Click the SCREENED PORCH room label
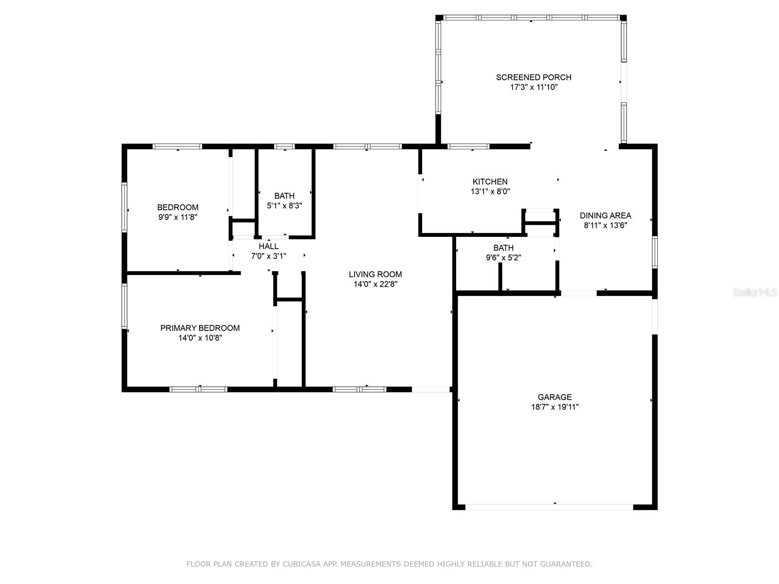[x=534, y=77]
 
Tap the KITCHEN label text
[x=490, y=182]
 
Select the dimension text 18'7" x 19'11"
[x=555, y=407]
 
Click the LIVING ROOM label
[x=375, y=274]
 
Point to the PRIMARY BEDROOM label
[x=200, y=328]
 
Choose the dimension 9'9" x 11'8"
[x=177, y=217]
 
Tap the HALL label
[x=268, y=246]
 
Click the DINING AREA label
[x=605, y=215]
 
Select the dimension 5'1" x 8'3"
[x=284, y=206]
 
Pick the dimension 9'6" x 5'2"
[x=503, y=257]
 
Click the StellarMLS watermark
[x=755, y=292]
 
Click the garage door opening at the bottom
[x=549, y=508]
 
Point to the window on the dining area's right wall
[x=655, y=252]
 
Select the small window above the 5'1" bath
[x=284, y=146]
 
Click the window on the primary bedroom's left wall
[x=124, y=306]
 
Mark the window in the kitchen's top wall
[x=468, y=146]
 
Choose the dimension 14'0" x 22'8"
[x=375, y=284]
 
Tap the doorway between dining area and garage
[x=578, y=293]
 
